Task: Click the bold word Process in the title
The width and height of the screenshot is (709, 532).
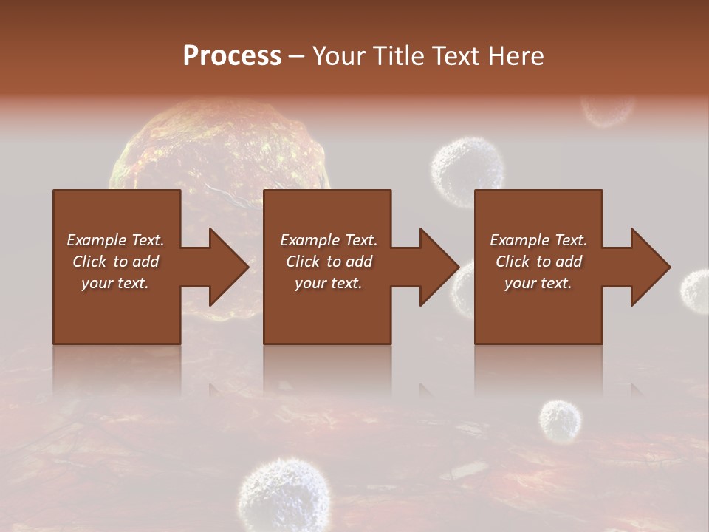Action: pos(232,56)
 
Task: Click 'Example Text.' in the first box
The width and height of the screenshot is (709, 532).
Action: pos(115,240)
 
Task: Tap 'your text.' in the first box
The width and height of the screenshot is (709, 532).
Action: pos(115,283)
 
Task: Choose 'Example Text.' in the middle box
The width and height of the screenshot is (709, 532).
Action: pos(329,240)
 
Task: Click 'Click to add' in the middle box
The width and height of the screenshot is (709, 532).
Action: pos(329,262)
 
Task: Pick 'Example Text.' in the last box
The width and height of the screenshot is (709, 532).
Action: pos(538,240)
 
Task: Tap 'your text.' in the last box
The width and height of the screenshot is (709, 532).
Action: pos(538,283)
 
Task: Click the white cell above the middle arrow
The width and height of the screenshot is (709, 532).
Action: pos(467,170)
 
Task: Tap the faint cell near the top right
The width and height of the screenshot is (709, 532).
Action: pos(607,109)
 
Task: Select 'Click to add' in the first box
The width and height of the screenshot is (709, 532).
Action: pos(115,262)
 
